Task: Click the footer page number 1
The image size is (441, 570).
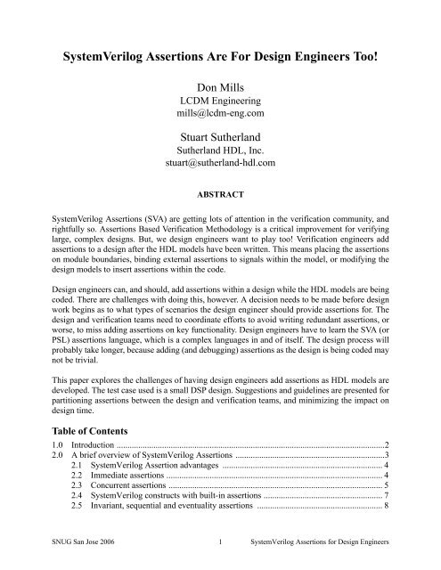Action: (220, 558)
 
